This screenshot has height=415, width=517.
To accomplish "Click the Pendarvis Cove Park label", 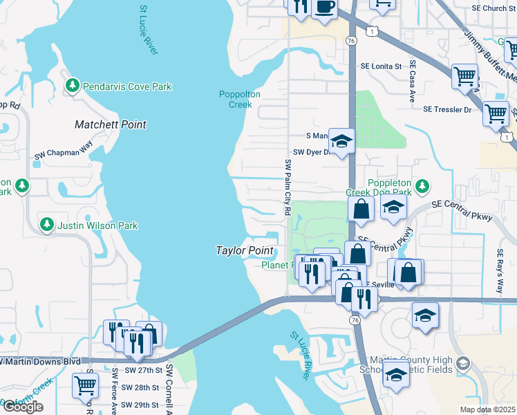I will pyautogui.click(x=127, y=86).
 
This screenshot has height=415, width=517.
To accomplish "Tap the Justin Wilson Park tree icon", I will pyautogui.click(x=47, y=225).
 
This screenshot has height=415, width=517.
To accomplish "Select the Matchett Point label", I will pyautogui.click(x=110, y=125).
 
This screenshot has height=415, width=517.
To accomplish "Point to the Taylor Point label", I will pyautogui.click(x=245, y=250).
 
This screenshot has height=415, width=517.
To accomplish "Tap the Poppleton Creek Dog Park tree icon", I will pyautogui.click(x=422, y=186).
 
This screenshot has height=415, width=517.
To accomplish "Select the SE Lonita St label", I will pyautogui.click(x=380, y=66).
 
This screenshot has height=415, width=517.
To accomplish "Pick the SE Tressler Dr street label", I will pyautogui.click(x=446, y=109).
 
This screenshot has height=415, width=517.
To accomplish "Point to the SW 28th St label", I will pyautogui.click(x=142, y=387).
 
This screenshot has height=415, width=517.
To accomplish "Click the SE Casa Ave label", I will pyautogui.click(x=411, y=80).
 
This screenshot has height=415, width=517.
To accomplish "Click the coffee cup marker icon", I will pyautogui.click(x=324, y=8).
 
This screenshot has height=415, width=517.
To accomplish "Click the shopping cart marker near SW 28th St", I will pyautogui.click(x=85, y=385).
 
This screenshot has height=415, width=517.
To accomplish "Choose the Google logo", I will pyautogui.click(x=22, y=407).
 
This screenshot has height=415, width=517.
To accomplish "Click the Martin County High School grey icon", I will pyautogui.click(x=463, y=363).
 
